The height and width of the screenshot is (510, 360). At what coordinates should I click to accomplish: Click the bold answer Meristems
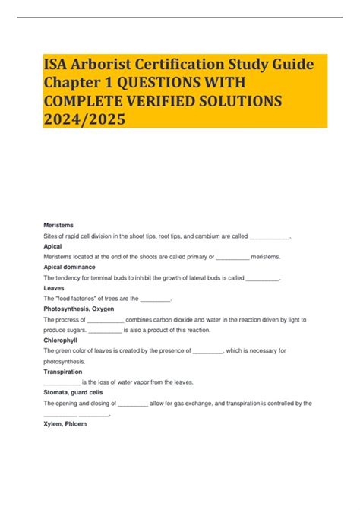tap(58, 226)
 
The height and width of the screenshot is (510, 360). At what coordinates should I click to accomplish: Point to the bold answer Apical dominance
tap(70, 268)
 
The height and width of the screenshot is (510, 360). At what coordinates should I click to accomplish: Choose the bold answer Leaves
tap(55, 289)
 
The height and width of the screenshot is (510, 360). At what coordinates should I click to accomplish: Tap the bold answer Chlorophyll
tap(61, 341)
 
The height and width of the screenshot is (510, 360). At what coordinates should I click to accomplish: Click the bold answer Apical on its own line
tap(53, 247)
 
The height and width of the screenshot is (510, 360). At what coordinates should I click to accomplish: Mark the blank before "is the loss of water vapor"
tap(62, 382)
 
